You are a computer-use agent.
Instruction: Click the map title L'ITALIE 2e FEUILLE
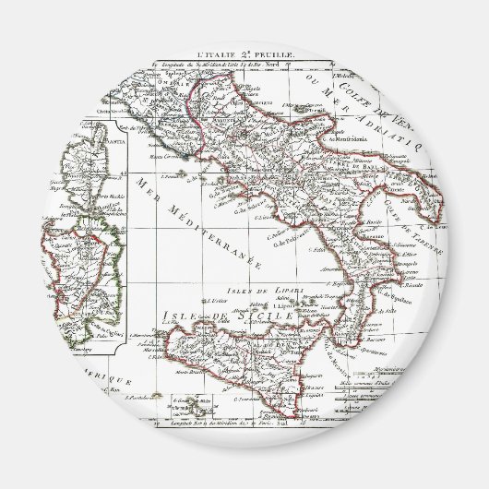click(245, 55)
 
